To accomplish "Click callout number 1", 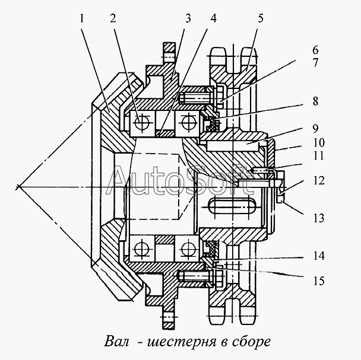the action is click(x=82, y=18).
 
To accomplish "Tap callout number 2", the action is click(x=113, y=18).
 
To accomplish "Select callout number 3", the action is click(x=188, y=18).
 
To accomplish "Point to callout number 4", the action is click(x=214, y=18).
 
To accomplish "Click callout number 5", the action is click(x=261, y=18).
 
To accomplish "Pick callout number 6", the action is click(x=315, y=50).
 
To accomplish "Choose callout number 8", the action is click(x=315, y=101).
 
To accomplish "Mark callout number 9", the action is click(x=315, y=129).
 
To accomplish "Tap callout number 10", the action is click(x=319, y=142).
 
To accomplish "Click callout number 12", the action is click(x=319, y=180).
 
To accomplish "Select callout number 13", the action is click(x=319, y=218).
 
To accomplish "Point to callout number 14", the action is click(x=319, y=256).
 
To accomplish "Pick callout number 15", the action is click(x=319, y=281).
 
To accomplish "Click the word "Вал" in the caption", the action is click(x=116, y=342).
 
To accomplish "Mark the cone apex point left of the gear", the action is click(x=19, y=187).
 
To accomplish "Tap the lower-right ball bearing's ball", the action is click(x=188, y=249).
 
